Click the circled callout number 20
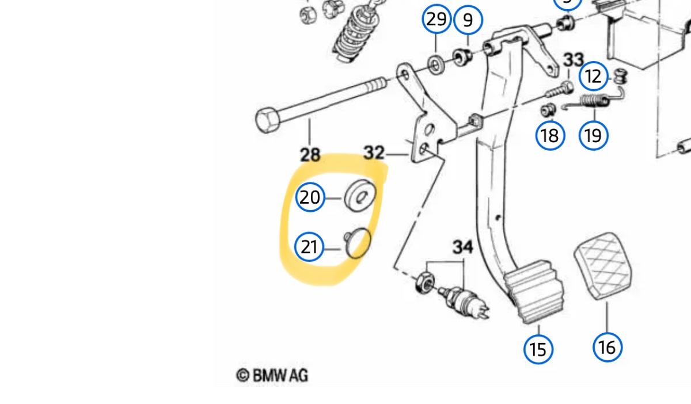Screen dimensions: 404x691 310,198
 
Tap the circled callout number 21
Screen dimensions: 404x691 309,247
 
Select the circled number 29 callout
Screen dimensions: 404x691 436,20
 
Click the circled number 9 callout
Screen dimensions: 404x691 468,21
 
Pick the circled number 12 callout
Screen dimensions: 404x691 594,76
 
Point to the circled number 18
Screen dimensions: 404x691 549,136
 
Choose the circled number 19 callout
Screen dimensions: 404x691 593,136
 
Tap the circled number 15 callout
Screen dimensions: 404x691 538,349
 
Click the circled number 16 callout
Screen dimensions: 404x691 607,347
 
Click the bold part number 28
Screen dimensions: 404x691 310,154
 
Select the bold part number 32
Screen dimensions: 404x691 374,153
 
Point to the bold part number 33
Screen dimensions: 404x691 573,59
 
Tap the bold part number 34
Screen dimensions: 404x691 462,247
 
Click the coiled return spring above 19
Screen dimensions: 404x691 593,102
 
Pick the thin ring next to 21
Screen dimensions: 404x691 358,243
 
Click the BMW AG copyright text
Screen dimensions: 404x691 272,375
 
